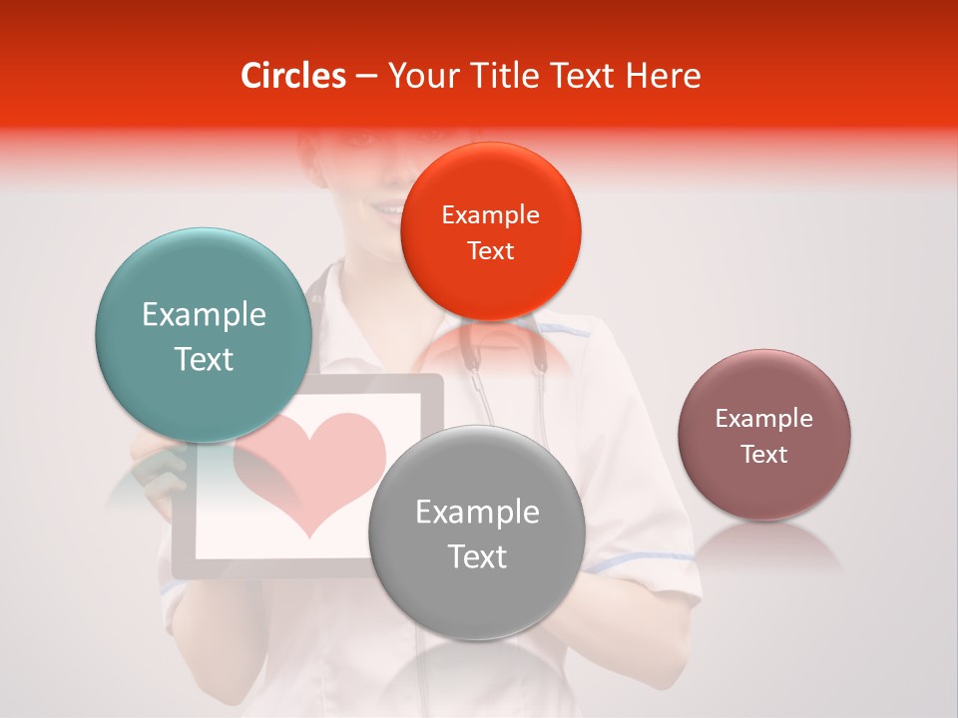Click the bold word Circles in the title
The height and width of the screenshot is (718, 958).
[292, 76]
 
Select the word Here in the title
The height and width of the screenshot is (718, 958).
[663, 76]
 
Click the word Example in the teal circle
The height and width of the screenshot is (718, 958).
[204, 315]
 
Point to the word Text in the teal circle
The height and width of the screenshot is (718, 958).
[204, 359]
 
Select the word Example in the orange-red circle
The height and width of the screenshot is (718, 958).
[490, 215]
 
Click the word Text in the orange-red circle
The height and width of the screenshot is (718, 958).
[490, 251]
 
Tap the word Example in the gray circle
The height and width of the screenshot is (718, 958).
[477, 513]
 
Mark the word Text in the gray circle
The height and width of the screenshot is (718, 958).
[477, 556]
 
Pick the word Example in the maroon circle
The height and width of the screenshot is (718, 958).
[763, 419]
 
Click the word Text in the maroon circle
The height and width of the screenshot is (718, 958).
[763, 455]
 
